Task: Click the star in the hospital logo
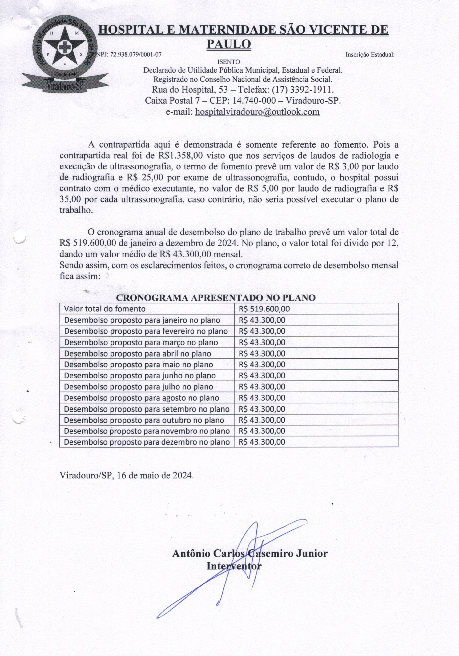(65, 47)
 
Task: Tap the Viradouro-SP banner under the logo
(65, 85)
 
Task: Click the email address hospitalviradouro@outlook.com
(257, 112)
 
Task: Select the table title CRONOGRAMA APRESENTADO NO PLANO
(216, 298)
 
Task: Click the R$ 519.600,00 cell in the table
(264, 309)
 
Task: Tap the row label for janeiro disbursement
(142, 320)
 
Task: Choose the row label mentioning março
(141, 342)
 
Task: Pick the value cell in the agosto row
(262, 398)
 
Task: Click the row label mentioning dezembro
(147, 442)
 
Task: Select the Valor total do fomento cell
(105, 309)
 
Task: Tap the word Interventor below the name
(234, 566)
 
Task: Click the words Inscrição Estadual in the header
(370, 55)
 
